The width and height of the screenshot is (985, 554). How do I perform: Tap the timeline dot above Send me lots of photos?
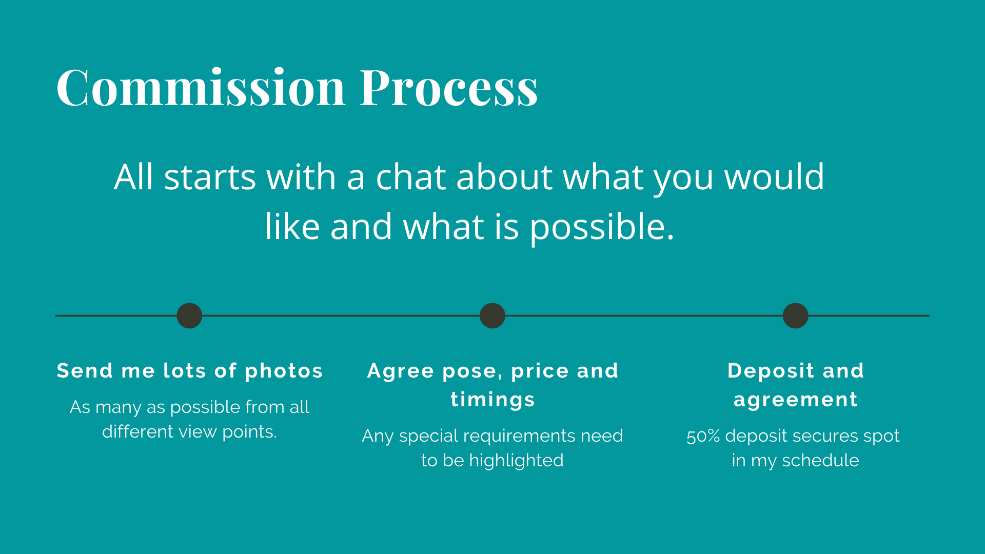189,315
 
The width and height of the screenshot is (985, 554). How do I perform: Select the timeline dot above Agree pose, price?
493,315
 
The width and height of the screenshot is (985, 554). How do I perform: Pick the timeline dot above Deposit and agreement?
796,315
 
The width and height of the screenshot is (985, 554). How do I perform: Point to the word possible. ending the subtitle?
602,227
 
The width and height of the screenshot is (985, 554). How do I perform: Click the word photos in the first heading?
284,371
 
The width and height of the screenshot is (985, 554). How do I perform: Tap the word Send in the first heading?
85,370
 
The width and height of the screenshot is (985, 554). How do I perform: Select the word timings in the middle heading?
493,400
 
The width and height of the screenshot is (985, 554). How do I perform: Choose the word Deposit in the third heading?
771,371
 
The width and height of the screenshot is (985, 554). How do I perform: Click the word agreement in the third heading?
796,400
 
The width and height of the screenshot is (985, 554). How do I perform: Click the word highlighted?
516,461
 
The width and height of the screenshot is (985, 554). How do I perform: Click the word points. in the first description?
249,432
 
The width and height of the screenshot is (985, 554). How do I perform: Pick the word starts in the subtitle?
210,177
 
